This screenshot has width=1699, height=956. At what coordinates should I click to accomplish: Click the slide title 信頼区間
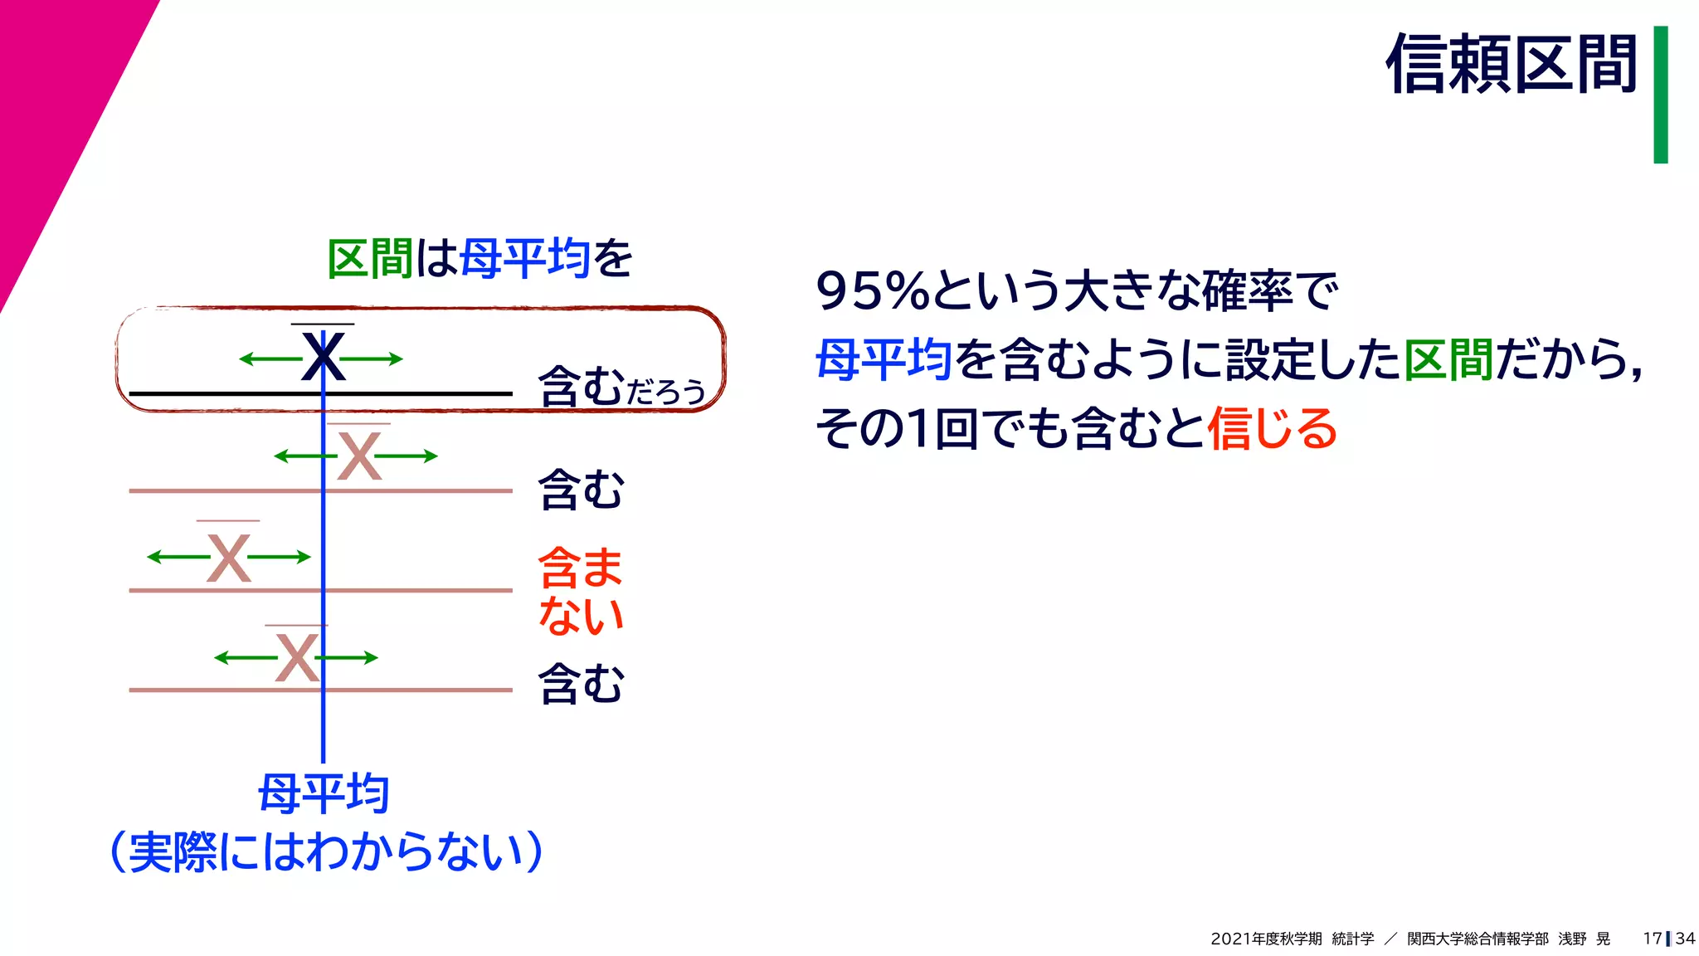(1512, 65)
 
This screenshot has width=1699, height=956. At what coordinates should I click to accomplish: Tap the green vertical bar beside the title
(1660, 95)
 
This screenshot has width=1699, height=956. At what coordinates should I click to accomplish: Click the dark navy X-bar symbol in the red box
(323, 357)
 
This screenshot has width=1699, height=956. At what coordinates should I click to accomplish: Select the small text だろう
(665, 392)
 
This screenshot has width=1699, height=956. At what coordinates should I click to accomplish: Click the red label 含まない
(580, 591)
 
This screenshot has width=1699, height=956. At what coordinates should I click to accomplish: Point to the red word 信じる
(1272, 429)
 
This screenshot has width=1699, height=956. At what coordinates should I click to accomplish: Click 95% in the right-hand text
(872, 291)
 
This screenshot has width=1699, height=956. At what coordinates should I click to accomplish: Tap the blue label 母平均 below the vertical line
(324, 793)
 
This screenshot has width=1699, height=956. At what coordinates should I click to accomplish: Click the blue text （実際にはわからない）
(326, 851)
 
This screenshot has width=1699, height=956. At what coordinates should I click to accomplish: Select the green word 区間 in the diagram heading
(370, 259)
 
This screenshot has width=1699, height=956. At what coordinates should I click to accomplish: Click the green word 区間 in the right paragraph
(1448, 360)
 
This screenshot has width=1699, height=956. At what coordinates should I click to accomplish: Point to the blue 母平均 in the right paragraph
(884, 360)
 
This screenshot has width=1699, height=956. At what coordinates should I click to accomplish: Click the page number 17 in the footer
(1652, 939)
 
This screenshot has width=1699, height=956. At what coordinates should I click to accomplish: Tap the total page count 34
(1685, 939)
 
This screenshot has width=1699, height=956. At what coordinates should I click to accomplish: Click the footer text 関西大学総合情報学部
(1477, 939)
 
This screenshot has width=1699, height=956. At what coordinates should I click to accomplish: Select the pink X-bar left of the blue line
(228, 557)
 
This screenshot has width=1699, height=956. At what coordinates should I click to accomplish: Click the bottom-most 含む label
(581, 685)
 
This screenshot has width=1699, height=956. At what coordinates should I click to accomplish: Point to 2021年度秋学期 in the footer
(1266, 939)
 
